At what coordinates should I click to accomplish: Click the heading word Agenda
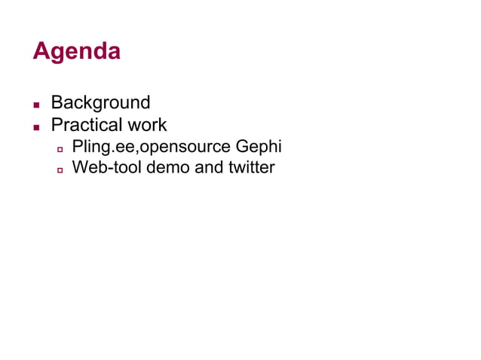point(76,51)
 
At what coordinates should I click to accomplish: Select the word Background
point(100,102)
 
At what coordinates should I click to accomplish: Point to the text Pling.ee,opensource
point(142,146)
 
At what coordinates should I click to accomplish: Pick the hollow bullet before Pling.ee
point(60,148)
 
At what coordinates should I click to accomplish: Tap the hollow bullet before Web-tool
point(60,169)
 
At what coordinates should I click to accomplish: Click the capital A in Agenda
point(41,51)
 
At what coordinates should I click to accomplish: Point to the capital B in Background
point(57,102)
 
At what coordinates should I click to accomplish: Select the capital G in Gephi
point(239,145)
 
